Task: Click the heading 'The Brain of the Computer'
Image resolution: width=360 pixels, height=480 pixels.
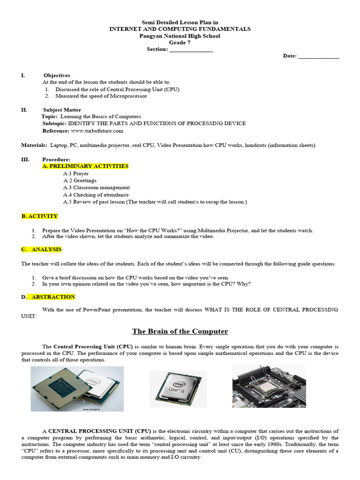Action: coord(180,331)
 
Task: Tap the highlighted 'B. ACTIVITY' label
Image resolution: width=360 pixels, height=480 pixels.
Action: coord(39,216)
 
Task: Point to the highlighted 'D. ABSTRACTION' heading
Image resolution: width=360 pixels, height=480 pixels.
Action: coord(48,297)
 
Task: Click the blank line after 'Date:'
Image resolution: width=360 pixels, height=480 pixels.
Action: coord(318,56)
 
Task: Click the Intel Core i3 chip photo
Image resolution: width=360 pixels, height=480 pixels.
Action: coord(178,389)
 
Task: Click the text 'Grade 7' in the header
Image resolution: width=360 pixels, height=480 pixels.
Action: coord(180,43)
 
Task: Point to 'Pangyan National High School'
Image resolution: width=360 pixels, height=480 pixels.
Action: coord(180,36)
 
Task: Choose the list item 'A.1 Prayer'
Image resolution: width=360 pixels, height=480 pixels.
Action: coord(76,173)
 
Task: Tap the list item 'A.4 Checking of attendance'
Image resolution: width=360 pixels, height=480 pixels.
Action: coord(96,195)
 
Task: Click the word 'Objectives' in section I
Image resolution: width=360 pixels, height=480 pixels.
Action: coord(57,75)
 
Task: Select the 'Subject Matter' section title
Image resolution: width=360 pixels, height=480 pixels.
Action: coord(62,110)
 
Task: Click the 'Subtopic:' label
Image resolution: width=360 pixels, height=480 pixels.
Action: coord(54,124)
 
